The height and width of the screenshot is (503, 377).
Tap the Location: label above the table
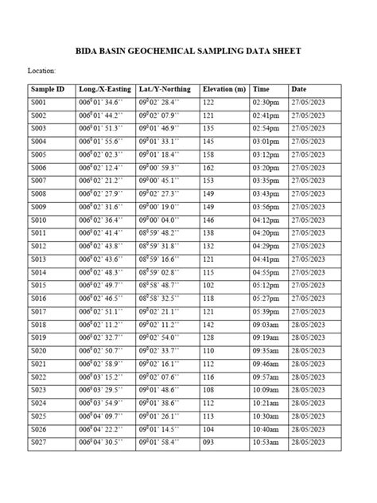41,71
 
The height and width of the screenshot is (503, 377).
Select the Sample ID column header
47,89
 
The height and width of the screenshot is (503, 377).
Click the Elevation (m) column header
223,89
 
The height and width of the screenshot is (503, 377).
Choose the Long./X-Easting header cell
106,89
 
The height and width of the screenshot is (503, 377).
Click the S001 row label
38,103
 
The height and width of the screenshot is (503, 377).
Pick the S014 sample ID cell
38,271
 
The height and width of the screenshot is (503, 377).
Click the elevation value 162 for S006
209,168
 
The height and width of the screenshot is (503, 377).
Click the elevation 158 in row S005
209,154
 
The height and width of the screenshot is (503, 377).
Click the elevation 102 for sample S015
209,284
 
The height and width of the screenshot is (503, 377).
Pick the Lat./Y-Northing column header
165,89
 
